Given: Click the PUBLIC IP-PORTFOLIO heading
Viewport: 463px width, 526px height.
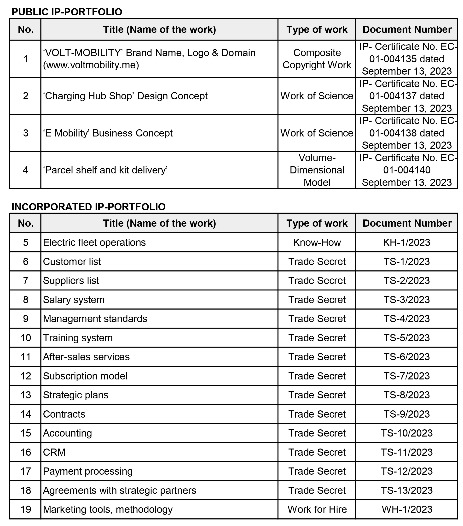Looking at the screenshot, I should pyautogui.click(x=67, y=12).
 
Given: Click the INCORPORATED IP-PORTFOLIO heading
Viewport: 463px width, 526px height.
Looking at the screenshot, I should pyautogui.click(x=88, y=207).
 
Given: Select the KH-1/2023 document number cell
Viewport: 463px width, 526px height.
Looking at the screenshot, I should pyautogui.click(x=406, y=242).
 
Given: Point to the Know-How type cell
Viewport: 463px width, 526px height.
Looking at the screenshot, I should pyautogui.click(x=317, y=242).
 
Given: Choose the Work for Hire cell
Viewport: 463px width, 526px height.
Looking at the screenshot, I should pyautogui.click(x=317, y=509).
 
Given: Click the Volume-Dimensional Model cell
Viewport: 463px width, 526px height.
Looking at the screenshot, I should pyautogui.click(x=317, y=170).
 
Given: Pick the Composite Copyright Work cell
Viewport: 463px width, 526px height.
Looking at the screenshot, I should pyautogui.click(x=317, y=59).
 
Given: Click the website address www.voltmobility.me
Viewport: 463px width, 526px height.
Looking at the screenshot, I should pyautogui.click(x=91, y=65).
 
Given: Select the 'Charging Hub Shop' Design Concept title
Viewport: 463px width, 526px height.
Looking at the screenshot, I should pyautogui.click(x=125, y=96).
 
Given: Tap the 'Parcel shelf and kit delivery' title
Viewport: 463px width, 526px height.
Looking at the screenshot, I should pyautogui.click(x=105, y=170).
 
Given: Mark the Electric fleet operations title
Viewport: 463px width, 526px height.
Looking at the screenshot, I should pyautogui.click(x=94, y=242).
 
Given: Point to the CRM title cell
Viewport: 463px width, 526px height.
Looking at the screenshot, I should pyautogui.click(x=54, y=452).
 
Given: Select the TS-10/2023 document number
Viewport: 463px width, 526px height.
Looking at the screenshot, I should pyautogui.click(x=406, y=433).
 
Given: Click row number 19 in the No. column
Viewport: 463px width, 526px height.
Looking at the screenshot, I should pyautogui.click(x=26, y=509).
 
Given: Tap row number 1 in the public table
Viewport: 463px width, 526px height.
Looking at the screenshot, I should pyautogui.click(x=26, y=59).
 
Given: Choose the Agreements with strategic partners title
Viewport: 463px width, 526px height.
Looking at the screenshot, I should pyautogui.click(x=120, y=490).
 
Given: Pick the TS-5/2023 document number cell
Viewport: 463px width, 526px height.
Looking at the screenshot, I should pyautogui.click(x=406, y=338).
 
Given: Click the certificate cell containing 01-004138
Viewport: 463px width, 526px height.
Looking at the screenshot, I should pyautogui.click(x=407, y=133).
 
